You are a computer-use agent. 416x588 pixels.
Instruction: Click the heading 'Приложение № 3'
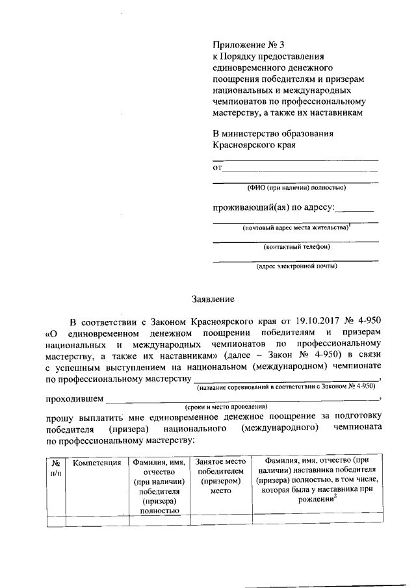pyautogui.click(x=244, y=45)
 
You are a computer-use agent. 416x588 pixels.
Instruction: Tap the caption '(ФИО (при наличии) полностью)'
pyautogui.click(x=296, y=188)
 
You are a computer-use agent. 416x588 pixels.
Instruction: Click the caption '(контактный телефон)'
pyautogui.click(x=296, y=247)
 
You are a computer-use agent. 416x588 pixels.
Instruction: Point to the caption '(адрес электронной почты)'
pyautogui.click(x=296, y=266)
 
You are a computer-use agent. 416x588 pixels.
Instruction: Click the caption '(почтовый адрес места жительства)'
pyautogui.click(x=294, y=228)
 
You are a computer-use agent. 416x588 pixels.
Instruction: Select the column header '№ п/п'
pyautogui.click(x=57, y=468)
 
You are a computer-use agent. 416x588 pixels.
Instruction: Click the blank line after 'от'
pyautogui.click(x=300, y=168)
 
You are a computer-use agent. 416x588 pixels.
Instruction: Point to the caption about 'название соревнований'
pyautogui.click(x=285, y=386)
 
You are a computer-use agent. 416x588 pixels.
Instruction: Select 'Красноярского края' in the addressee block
pyautogui.click(x=254, y=145)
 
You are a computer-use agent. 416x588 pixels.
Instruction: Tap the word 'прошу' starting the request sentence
pyautogui.click(x=60, y=416)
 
